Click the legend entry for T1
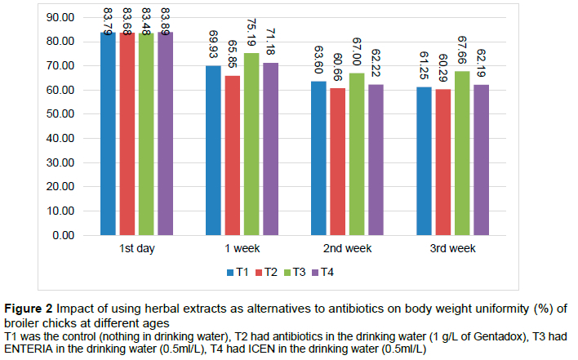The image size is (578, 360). pos(238,271)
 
